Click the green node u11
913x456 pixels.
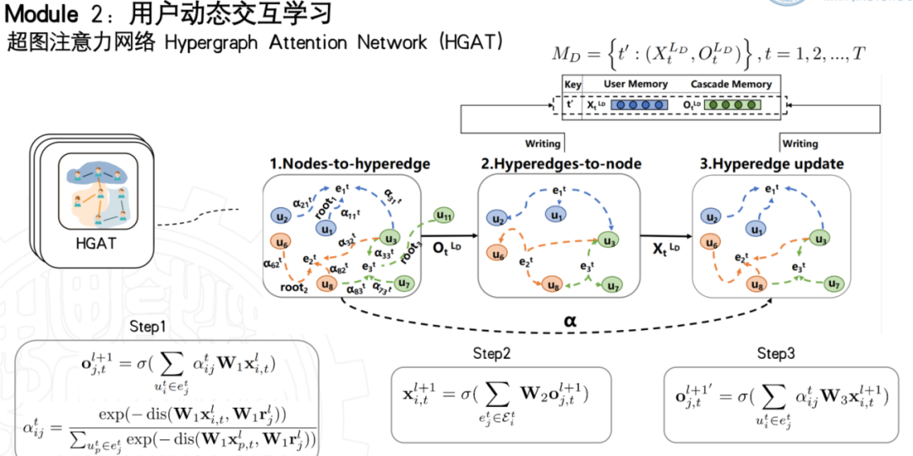pos(444,217)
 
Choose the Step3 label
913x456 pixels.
pos(777,354)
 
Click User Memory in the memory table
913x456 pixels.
pos(636,85)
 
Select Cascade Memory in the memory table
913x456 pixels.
pos(731,85)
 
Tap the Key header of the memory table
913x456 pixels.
pos(573,85)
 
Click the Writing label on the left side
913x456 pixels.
pos(543,145)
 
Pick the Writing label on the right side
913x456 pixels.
pos(800,145)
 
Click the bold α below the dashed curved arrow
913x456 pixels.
pos(571,321)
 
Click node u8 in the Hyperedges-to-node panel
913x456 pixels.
pos(553,287)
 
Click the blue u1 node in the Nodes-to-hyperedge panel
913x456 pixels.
pos(326,228)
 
